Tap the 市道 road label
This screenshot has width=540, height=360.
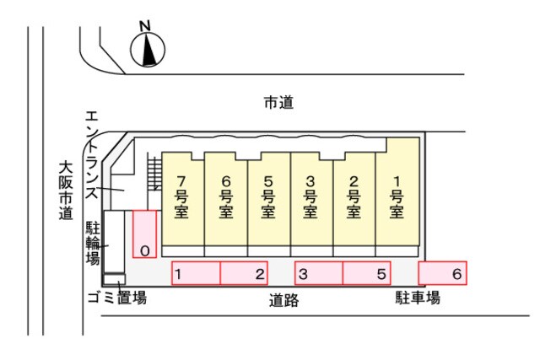tap(278, 103)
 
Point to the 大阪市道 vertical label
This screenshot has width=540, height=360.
tap(66, 191)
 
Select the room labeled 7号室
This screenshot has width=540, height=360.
tap(182, 199)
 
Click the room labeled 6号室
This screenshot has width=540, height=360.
tap(225, 199)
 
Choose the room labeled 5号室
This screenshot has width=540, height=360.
tap(268, 199)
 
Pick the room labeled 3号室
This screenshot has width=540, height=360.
tap(311, 199)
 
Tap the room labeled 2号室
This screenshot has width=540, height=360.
tap(354, 199)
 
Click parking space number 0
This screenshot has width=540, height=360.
tap(144, 234)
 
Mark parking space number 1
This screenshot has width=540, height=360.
tap(196, 273)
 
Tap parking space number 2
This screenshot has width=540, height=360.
tap(244, 273)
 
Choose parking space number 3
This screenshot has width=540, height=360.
tap(319, 273)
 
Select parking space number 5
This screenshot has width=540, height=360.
tap(367, 273)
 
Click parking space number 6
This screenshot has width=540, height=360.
tap(443, 273)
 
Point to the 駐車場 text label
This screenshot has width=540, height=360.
tap(418, 298)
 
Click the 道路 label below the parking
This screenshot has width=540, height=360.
tap(283, 300)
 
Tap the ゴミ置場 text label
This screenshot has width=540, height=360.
tap(117, 298)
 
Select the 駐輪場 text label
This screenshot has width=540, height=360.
tap(93, 244)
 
